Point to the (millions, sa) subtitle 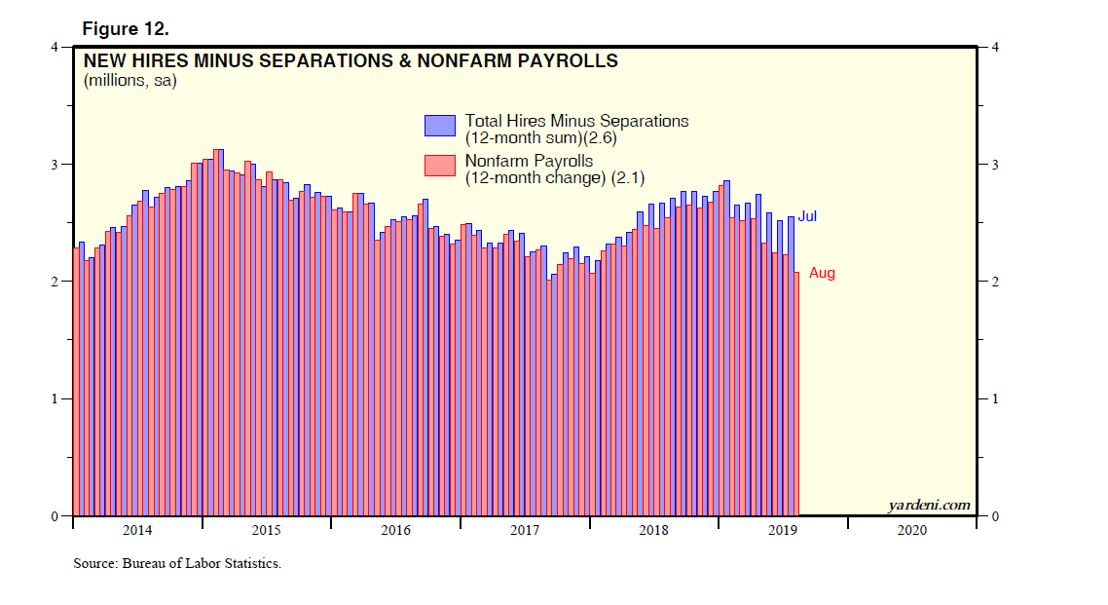point(129,81)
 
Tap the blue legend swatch point(439,126)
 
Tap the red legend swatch point(439,166)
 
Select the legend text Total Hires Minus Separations point(576,121)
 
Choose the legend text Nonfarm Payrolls point(529,161)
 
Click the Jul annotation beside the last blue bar point(807,216)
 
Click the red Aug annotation point(822,274)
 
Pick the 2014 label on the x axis point(137,531)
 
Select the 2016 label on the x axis point(395,531)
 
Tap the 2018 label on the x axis point(653,531)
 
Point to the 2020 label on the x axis point(911,531)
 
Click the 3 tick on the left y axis point(55,165)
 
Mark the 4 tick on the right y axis point(993,47)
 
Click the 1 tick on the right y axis point(993,399)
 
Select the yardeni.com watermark point(929,505)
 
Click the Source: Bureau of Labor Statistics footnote point(177,564)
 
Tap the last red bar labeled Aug point(796,395)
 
